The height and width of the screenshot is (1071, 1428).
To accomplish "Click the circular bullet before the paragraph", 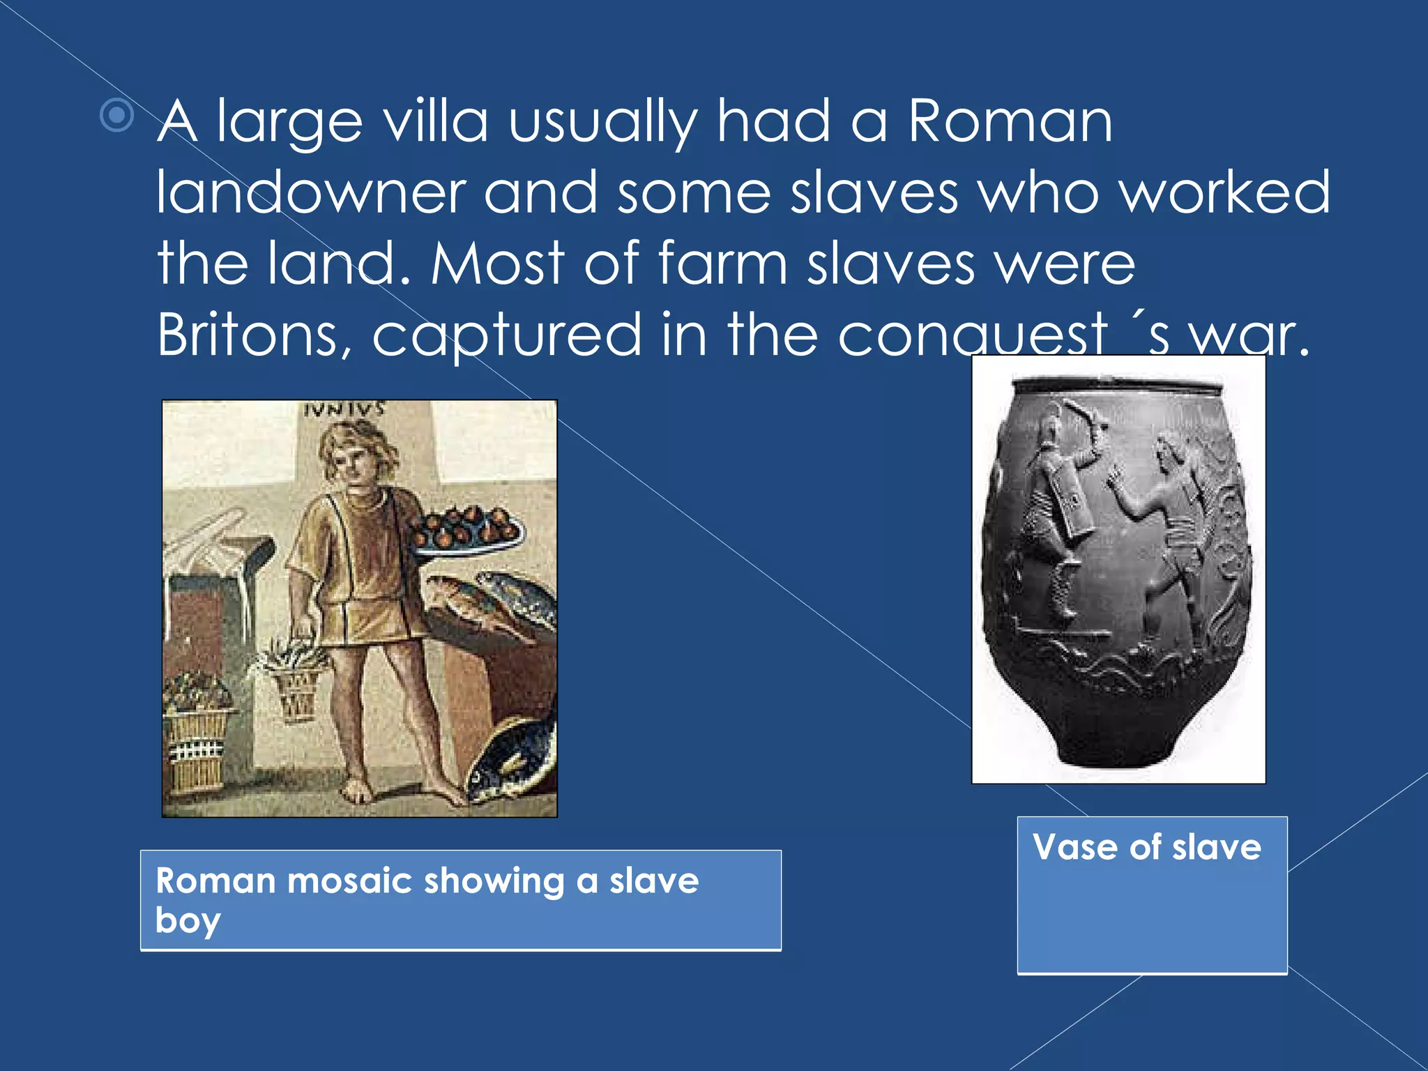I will pyautogui.click(x=116, y=115).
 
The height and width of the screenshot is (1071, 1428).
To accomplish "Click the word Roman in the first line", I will pyautogui.click(x=1010, y=122).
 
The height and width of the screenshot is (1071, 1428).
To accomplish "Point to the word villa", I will pyautogui.click(x=436, y=122).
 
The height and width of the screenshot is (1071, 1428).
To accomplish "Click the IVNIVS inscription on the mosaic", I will pyautogui.click(x=344, y=409).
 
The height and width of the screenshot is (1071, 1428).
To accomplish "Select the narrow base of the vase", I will pyautogui.click(x=1116, y=753).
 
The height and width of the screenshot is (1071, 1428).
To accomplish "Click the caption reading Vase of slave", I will pyautogui.click(x=1147, y=848).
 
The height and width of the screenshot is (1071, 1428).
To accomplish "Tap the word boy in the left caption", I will pyautogui.click(x=188, y=921).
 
